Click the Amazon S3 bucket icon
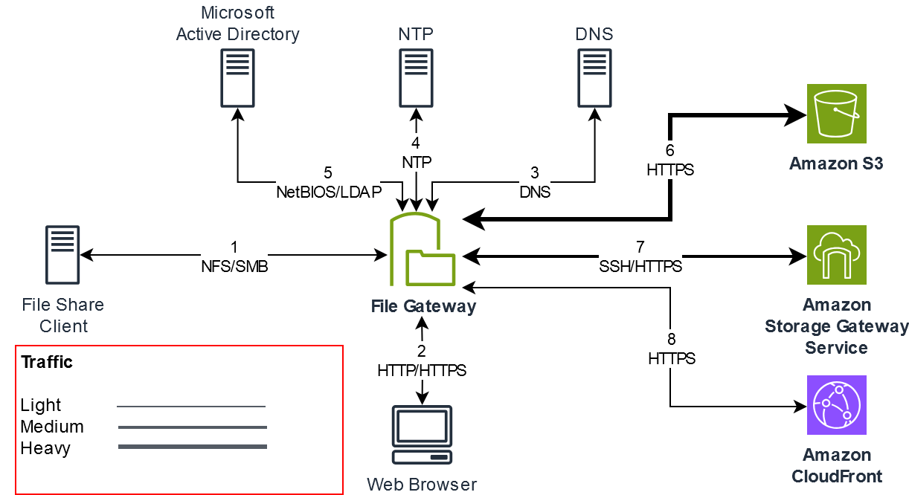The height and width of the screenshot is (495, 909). click(837, 114)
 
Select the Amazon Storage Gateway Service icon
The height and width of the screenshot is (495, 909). click(837, 255)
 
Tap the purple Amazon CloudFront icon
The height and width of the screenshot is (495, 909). click(837, 405)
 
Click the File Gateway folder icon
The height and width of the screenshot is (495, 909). click(422, 250)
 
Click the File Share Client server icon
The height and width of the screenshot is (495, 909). click(62, 256)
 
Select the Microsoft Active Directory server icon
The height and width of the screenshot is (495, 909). click(237, 78)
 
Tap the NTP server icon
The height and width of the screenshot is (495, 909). click(417, 78)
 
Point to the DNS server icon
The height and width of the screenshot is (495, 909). click(594, 78)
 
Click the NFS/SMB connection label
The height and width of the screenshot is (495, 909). click(234, 267)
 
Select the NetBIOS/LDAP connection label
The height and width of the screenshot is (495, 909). click(328, 192)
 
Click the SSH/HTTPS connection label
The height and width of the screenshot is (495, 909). click(640, 265)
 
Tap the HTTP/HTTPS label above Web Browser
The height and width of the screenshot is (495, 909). click(422, 369)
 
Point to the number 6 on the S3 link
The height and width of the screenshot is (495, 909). click(669, 151)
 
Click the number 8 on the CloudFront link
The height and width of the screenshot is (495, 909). click(671, 340)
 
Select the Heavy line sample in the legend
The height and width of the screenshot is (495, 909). click(192, 447)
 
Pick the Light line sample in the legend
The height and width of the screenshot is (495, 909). click(192, 407)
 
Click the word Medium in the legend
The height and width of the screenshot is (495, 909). click(52, 427)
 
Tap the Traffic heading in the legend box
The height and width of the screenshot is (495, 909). click(47, 363)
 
